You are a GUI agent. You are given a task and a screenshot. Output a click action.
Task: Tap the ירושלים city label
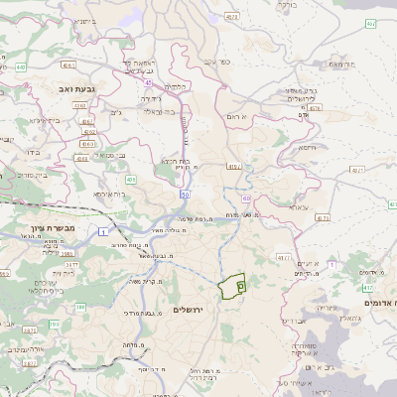(187, 310)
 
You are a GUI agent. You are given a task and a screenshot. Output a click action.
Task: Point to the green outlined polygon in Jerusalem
(233, 286)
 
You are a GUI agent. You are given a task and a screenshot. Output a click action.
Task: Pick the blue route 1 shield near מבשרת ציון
(103, 231)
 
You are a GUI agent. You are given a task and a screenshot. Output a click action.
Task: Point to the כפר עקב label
(218, 62)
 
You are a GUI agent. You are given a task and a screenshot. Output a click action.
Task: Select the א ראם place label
(249, 116)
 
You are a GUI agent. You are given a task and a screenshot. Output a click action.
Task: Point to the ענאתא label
(296, 206)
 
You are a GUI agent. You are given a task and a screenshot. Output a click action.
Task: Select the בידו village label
(30, 153)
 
